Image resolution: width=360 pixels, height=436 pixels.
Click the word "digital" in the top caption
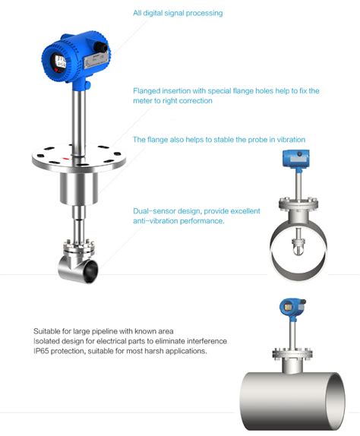coord(153,13)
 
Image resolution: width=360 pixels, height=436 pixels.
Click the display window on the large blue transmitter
coord(60,62)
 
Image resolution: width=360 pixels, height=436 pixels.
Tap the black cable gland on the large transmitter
coord(101,46)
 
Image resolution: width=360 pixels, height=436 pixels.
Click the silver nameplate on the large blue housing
coord(96,60)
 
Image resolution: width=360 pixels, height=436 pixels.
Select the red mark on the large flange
coord(66,159)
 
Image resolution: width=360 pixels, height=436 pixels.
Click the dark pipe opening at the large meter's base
coord(91,271)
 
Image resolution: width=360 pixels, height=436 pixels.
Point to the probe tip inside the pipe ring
coord(298,248)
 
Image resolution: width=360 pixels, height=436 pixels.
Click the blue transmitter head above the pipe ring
coord(295,159)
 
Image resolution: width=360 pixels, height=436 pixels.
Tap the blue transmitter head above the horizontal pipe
coord(292,308)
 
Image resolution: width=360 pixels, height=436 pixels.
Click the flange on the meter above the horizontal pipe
coord(292,354)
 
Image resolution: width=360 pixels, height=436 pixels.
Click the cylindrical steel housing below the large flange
coord(79,188)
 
